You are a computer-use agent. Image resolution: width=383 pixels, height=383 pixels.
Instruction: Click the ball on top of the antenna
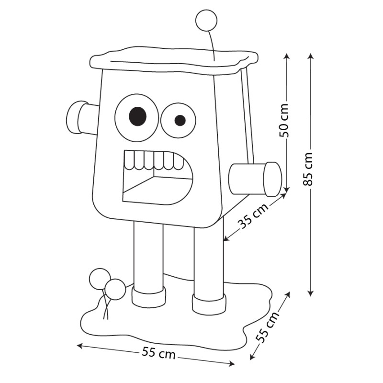[206, 21]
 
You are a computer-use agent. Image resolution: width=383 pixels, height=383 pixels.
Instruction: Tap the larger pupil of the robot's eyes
[137, 116]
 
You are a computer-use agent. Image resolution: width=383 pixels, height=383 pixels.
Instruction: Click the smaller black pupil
[180, 120]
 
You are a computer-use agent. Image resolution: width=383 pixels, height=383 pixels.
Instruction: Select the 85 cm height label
[308, 169]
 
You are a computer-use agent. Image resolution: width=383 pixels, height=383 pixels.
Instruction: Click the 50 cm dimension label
[284, 120]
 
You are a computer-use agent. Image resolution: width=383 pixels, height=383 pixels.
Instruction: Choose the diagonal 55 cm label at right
[268, 327]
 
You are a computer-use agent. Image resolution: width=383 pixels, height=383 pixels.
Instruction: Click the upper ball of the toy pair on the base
[100, 279]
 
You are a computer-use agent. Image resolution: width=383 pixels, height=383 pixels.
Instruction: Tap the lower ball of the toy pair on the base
[115, 290]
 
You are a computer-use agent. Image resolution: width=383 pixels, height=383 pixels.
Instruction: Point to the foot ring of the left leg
[148, 297]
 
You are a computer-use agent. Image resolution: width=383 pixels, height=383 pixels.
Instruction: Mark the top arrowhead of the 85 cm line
[310, 56]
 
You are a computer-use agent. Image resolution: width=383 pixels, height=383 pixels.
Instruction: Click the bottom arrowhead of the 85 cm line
[310, 293]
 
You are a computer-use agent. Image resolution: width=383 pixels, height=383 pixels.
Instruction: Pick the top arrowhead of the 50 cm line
[286, 56]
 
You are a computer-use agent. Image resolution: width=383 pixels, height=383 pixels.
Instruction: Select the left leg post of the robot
[148, 255]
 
